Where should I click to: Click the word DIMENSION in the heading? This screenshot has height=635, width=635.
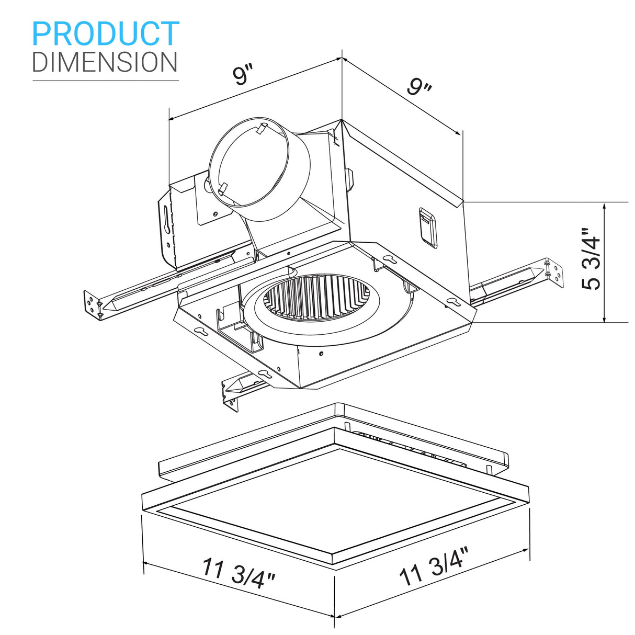pyautogui.click(x=105, y=62)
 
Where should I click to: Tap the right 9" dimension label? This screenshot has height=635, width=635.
pyautogui.click(x=419, y=87)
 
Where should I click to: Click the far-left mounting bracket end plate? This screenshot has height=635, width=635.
pyautogui.click(x=93, y=305)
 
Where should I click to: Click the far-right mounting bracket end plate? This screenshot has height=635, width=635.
pyautogui.click(x=555, y=272)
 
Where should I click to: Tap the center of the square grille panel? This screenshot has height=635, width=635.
pyautogui.click(x=335, y=505)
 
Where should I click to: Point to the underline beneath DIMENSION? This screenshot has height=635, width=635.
pyautogui.click(x=106, y=81)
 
